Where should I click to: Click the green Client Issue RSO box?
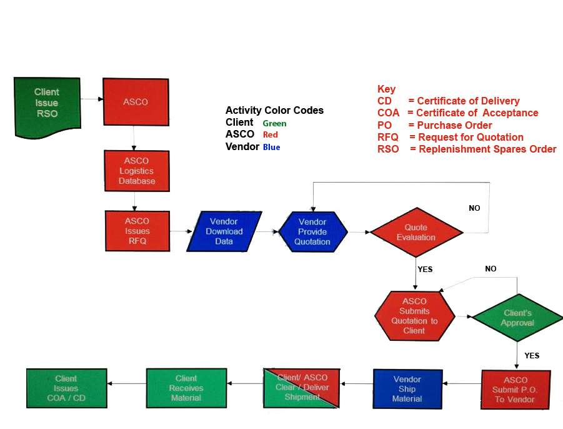tap(47, 103)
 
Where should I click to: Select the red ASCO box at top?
tap(136, 101)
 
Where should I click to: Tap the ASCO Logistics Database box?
tap(137, 171)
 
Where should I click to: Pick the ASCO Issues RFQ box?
tap(137, 231)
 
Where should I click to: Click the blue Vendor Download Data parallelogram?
tap(224, 231)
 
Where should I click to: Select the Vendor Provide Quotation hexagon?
tap(312, 232)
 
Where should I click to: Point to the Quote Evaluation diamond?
tap(416, 233)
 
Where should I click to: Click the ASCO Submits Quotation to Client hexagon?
tap(414, 316)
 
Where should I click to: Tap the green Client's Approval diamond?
tap(517, 318)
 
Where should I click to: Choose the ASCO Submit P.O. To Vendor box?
tap(516, 389)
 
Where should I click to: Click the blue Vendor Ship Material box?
tap(407, 388)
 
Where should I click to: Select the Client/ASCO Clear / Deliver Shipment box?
tap(302, 387)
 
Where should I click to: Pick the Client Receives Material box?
tap(186, 388)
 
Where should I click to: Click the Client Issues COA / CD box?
tap(66, 388)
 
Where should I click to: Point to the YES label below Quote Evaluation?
tap(425, 270)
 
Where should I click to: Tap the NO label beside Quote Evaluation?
tap(474, 208)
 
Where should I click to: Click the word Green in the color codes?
tap(274, 124)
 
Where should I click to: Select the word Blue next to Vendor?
tap(271, 148)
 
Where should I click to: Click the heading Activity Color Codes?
tap(274, 110)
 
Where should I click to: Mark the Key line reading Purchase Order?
tap(435, 125)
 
